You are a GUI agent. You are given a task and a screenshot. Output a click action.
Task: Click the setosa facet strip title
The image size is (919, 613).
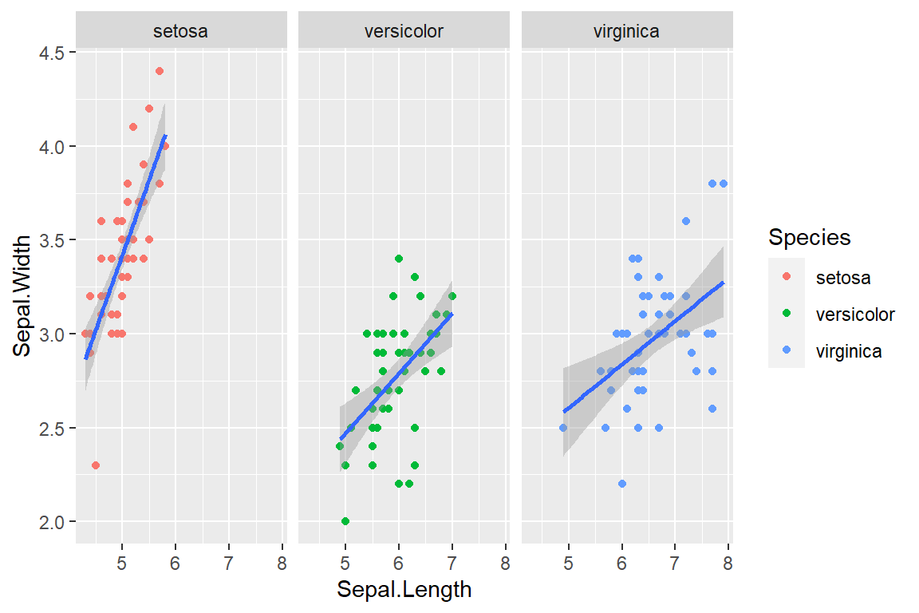181,32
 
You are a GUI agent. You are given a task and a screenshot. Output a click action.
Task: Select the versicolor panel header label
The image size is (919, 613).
404,32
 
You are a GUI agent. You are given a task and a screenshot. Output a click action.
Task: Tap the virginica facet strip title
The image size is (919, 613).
626,32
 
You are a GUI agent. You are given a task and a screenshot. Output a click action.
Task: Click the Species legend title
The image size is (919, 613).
809,237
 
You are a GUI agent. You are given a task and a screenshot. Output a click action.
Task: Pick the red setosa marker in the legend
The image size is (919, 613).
787,277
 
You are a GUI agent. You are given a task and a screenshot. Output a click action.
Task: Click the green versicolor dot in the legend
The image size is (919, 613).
787,314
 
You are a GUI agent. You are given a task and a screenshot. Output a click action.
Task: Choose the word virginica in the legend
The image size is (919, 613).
849,350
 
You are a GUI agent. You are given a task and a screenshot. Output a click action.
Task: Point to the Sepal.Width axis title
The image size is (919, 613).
25,296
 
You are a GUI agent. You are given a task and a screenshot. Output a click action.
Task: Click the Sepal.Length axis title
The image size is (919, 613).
404,590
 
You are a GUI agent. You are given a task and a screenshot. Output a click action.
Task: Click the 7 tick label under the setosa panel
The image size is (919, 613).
228,563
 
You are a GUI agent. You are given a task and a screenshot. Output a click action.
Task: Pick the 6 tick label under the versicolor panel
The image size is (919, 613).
398,563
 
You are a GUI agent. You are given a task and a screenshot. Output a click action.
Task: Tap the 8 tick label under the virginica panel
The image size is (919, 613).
728,563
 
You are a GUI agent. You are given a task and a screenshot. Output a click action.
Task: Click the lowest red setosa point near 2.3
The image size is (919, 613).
96,465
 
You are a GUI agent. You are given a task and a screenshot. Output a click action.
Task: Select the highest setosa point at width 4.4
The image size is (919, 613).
159,71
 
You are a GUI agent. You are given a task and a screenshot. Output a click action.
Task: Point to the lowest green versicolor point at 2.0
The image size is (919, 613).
345,521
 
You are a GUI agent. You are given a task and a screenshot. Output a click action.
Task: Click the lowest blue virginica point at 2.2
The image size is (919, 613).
621,484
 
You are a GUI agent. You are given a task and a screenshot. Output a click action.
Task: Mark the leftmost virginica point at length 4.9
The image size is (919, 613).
563,428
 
